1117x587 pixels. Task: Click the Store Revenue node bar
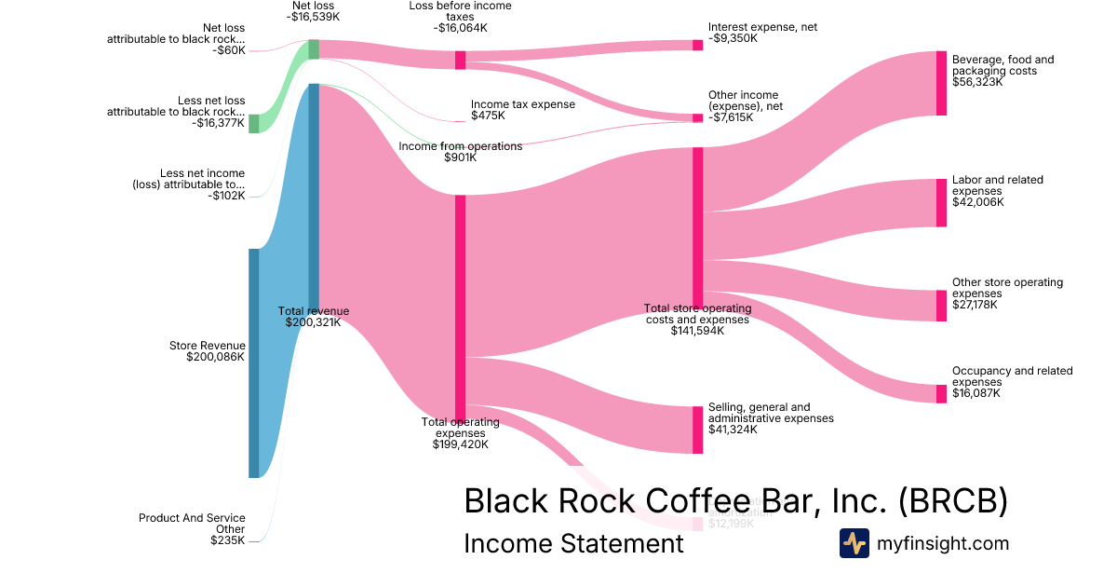[253, 362]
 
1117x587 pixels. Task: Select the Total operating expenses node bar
[460, 307]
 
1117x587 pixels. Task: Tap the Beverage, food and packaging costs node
[941, 83]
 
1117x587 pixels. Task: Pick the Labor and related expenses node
[941, 202]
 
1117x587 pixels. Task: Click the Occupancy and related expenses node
[941, 393]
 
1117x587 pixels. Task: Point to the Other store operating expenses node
[941, 306]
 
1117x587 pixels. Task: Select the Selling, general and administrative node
[697, 430]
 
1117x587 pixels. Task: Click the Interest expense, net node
[697, 45]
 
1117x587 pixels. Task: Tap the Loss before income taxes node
[460, 60]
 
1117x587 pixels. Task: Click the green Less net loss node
[253, 123]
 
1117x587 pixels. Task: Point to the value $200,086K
[215, 357]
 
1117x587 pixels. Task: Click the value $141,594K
[697, 331]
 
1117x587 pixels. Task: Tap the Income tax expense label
[522, 104]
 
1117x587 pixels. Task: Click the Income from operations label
[461, 146]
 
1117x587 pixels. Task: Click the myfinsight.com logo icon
[854, 543]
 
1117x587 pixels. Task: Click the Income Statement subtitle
[573, 543]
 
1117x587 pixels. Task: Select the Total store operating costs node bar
[697, 224]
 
